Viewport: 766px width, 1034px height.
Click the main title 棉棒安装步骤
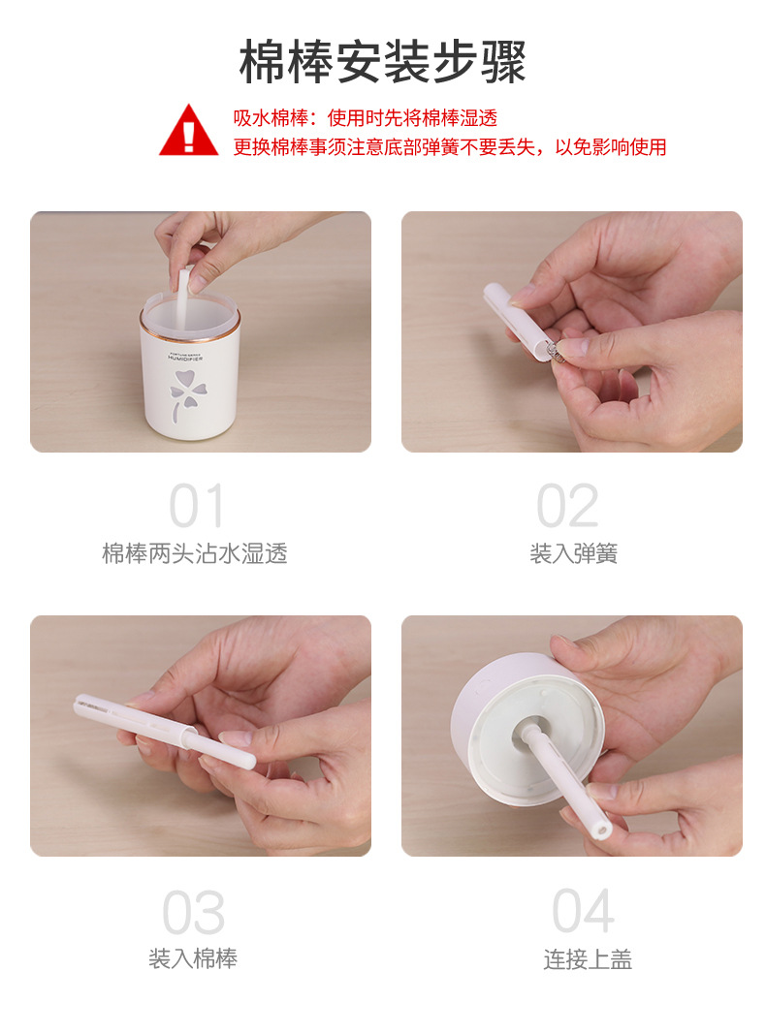pyautogui.click(x=382, y=63)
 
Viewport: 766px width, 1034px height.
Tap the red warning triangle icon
pyautogui.click(x=189, y=131)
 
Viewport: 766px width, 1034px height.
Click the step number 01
pyautogui.click(x=197, y=506)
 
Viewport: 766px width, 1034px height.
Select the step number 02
pyautogui.click(x=568, y=506)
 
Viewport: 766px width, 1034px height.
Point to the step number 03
pyautogui.click(x=193, y=913)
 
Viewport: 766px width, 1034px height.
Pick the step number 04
pyautogui.click(x=584, y=912)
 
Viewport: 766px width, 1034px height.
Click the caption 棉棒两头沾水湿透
pyautogui.click(x=195, y=554)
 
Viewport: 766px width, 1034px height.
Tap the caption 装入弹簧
pyautogui.click(x=573, y=554)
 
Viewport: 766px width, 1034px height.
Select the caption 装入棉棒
pyautogui.click(x=193, y=959)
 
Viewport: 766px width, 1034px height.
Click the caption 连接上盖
pyautogui.click(x=588, y=959)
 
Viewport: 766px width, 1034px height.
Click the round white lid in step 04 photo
pyautogui.click(x=528, y=736)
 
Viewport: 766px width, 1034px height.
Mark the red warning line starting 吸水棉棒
pyautogui.click(x=365, y=118)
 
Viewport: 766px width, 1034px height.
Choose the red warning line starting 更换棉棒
pyautogui.click(x=449, y=147)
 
